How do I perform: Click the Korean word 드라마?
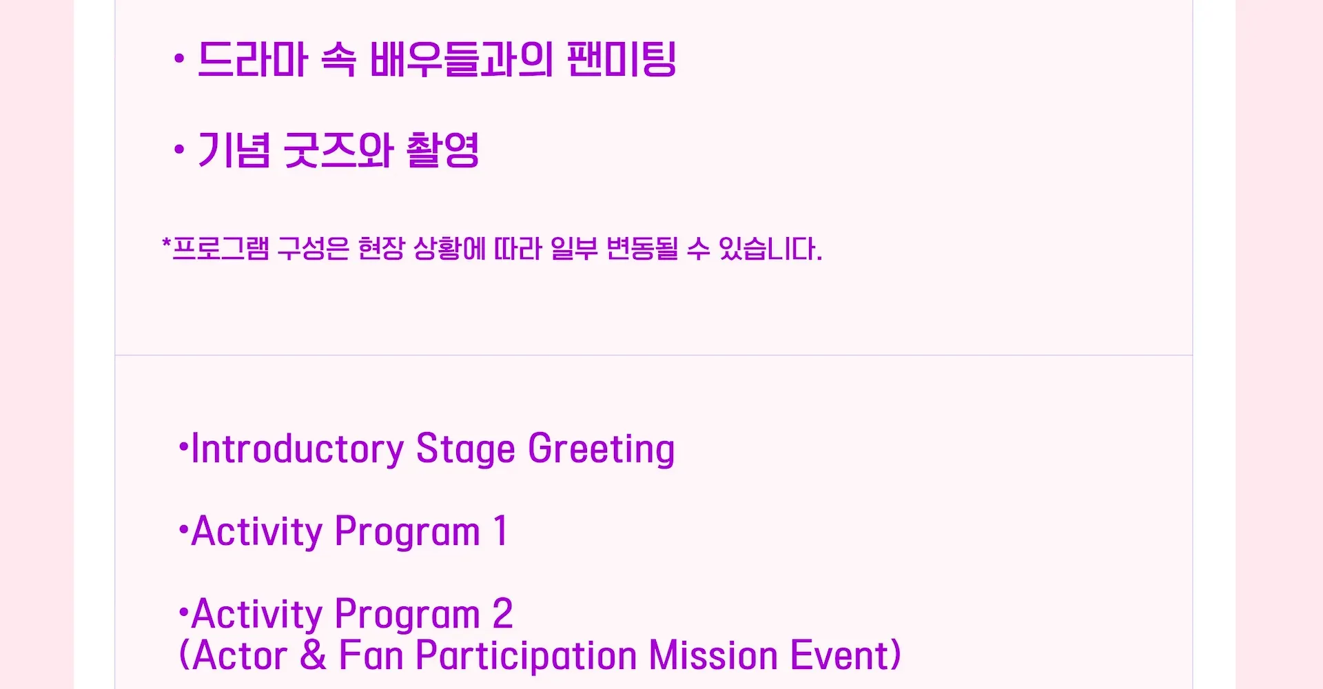point(252,59)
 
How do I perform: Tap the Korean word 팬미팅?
point(622,59)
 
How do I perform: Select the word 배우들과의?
point(461,59)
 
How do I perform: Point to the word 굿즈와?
point(338,150)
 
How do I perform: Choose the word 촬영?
point(442,150)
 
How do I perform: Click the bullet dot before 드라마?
point(179,59)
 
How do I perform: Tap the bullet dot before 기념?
point(179,150)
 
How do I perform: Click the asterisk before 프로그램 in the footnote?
point(166,243)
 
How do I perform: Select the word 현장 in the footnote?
point(381,249)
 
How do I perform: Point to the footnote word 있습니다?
point(770,249)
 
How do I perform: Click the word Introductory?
point(298,449)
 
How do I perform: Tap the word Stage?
point(466,450)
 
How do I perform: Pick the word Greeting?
point(602,450)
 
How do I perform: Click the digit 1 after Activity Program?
point(501,531)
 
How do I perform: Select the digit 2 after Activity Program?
point(503,614)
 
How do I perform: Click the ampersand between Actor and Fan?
point(314,655)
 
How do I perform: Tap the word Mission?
point(713,655)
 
